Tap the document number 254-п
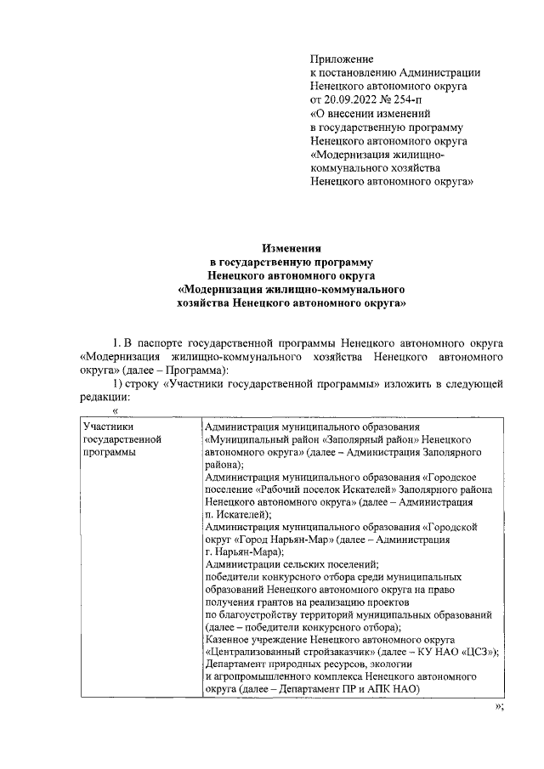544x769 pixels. pos(416,99)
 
